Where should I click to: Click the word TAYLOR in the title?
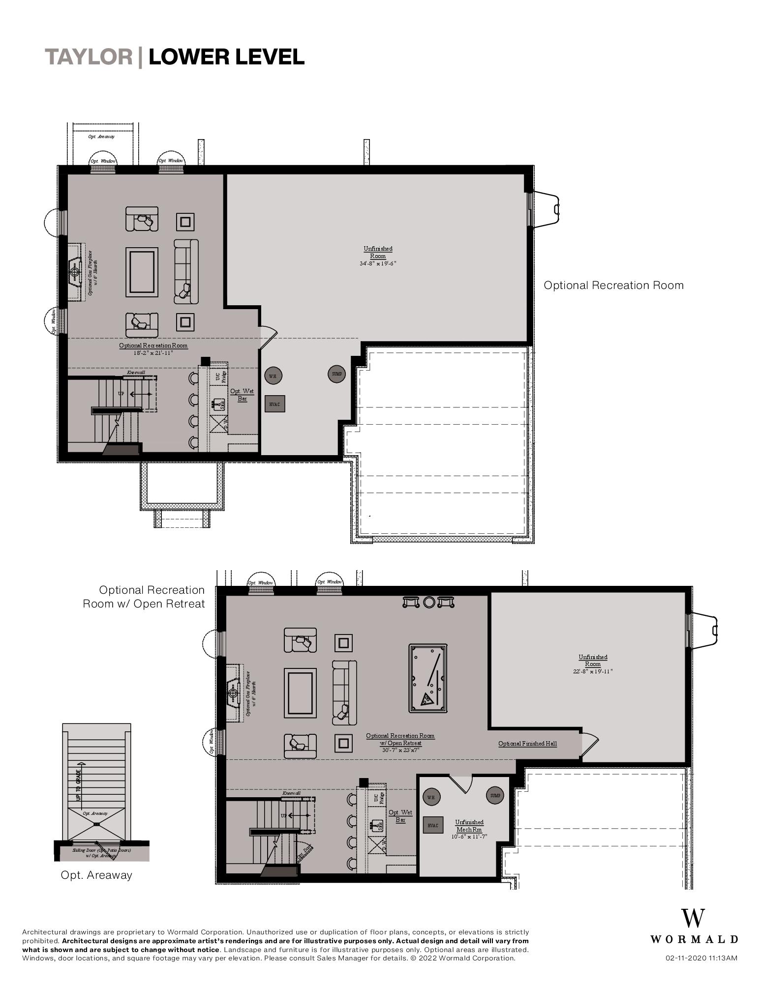(x=89, y=57)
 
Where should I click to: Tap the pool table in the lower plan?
(x=427, y=678)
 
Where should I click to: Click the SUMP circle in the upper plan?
(x=336, y=374)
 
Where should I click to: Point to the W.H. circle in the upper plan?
(x=273, y=376)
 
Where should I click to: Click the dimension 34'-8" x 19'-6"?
(x=378, y=263)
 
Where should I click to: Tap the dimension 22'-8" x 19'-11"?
(x=593, y=671)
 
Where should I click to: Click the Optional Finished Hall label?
(x=527, y=744)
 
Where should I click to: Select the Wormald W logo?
(x=693, y=918)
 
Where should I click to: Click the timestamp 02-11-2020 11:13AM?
(x=701, y=958)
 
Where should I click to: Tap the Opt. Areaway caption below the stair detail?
(x=96, y=875)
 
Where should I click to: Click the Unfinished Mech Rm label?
(x=469, y=825)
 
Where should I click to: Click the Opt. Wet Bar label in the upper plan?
(x=242, y=395)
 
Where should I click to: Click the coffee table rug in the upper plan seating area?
(x=142, y=272)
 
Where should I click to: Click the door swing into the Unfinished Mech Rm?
(x=461, y=784)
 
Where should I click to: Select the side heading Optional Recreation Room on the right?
(x=613, y=286)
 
